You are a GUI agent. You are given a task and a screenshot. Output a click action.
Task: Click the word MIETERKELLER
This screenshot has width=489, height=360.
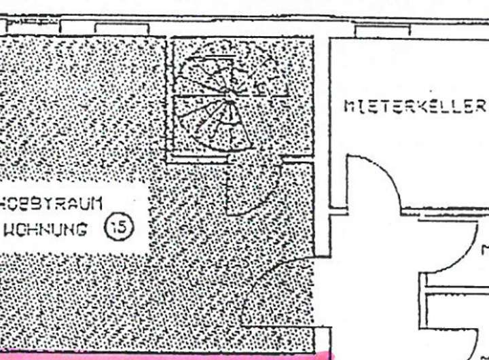[x=415, y=107]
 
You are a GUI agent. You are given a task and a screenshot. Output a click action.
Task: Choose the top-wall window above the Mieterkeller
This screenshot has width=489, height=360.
[x=382, y=31]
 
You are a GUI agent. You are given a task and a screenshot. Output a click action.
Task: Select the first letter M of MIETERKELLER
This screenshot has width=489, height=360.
[x=349, y=107]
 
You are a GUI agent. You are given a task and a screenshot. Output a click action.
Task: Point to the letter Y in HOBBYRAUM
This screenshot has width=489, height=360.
[x=50, y=202]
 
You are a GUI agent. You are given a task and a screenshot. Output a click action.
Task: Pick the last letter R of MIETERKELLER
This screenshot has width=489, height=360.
[x=480, y=107]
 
